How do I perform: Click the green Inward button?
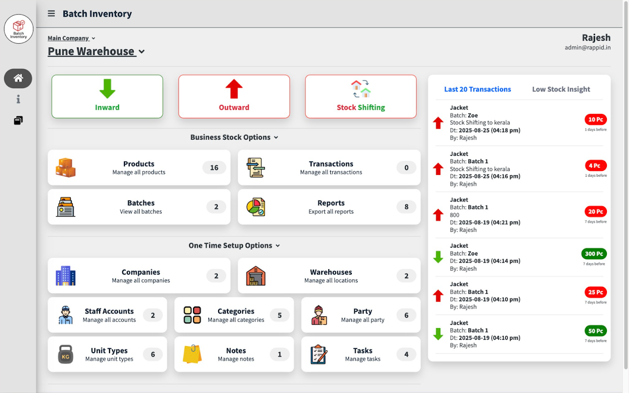click(x=107, y=96)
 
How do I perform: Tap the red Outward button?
click(x=234, y=96)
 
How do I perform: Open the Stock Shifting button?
click(x=361, y=96)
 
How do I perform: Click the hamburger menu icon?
click(x=51, y=14)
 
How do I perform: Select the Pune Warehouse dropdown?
click(x=96, y=52)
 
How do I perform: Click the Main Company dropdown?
click(x=71, y=38)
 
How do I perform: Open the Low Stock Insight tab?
click(x=561, y=89)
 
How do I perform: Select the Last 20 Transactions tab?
click(x=477, y=89)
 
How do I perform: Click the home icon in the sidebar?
click(x=18, y=78)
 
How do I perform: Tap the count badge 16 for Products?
click(x=214, y=168)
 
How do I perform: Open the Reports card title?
click(x=331, y=203)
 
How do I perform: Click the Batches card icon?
click(x=65, y=207)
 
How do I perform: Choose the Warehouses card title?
click(x=331, y=272)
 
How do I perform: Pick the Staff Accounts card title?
click(x=109, y=311)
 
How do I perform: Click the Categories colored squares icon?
click(x=192, y=315)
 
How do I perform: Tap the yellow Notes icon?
click(x=192, y=354)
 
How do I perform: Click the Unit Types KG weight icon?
click(x=65, y=354)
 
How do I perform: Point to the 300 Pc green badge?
click(x=594, y=254)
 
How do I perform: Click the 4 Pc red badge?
click(x=596, y=166)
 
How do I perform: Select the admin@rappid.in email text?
click(x=588, y=48)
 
